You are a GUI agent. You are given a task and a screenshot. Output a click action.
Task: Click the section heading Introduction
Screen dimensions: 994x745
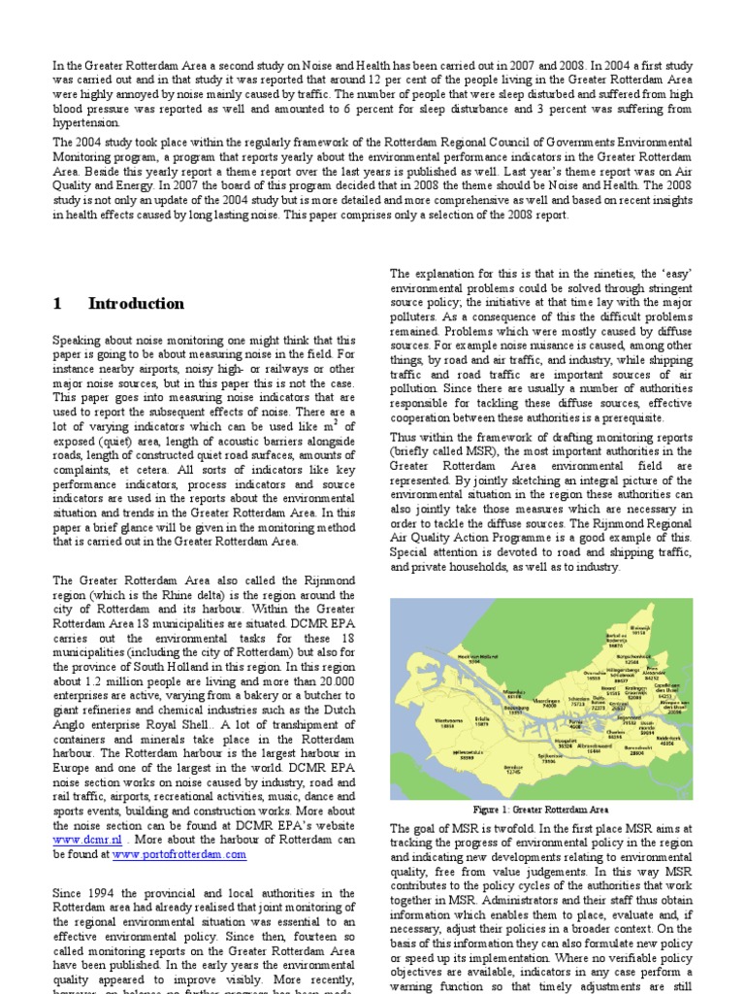click(136, 304)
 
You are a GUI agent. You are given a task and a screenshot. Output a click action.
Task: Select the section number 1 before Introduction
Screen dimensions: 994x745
click(57, 304)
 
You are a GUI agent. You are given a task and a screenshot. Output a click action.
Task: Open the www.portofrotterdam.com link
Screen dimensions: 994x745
click(179, 854)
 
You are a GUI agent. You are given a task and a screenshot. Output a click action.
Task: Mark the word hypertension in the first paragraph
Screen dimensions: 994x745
click(86, 123)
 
